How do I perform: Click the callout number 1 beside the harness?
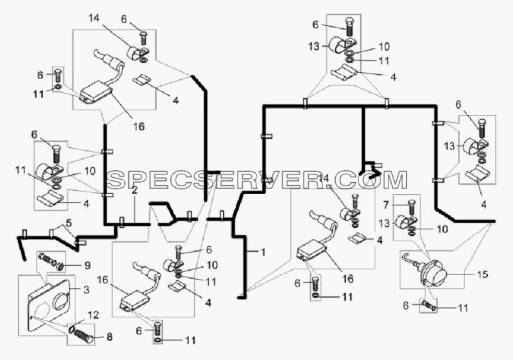point(263,252)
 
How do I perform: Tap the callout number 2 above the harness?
point(134,190)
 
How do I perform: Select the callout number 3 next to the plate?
point(86,290)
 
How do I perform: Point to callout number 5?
point(69,223)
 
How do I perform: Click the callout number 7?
point(386,205)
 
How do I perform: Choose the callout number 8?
point(109,337)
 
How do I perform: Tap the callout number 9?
point(87,265)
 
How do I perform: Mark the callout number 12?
point(93,315)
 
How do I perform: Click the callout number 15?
point(483,274)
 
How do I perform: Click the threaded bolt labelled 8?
point(84,335)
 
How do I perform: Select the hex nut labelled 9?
point(60,266)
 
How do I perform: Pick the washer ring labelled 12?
point(72,329)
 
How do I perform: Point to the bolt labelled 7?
point(411,207)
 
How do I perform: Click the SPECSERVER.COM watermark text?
point(257,180)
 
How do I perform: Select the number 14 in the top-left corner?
point(93,19)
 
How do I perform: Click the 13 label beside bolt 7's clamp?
point(384,223)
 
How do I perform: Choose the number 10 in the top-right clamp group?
point(384,46)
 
